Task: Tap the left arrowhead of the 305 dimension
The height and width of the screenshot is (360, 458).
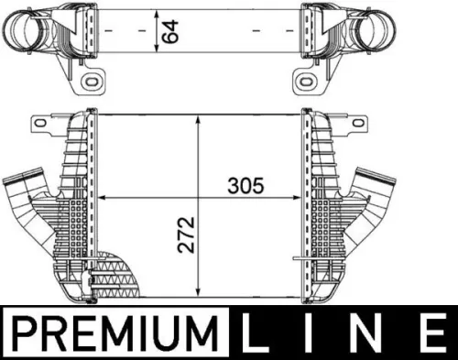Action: tap(103, 196)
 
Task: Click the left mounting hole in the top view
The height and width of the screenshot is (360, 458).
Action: tap(93, 84)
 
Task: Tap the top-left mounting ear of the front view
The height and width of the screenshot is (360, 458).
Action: tap(39, 122)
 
